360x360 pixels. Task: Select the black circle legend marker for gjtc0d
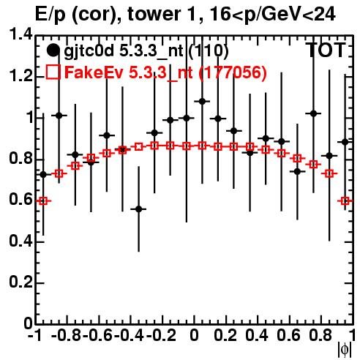53,50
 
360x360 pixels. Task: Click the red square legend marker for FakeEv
53,72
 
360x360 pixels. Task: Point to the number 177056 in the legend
233,72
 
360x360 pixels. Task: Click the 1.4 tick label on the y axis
20,35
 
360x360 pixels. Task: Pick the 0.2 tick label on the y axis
20,282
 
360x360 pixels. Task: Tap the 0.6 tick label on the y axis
20,200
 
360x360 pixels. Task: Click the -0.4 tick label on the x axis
129,335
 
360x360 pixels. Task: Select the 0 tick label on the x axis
194,335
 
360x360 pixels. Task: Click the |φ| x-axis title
345,350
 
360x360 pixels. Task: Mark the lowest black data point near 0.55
138,209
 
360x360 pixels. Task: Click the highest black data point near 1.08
202,101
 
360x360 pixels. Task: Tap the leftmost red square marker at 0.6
43,201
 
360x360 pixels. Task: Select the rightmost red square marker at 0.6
345,201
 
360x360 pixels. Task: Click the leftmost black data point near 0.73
43,174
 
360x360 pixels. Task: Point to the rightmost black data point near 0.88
345,142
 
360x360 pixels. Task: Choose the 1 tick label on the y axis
29,118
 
